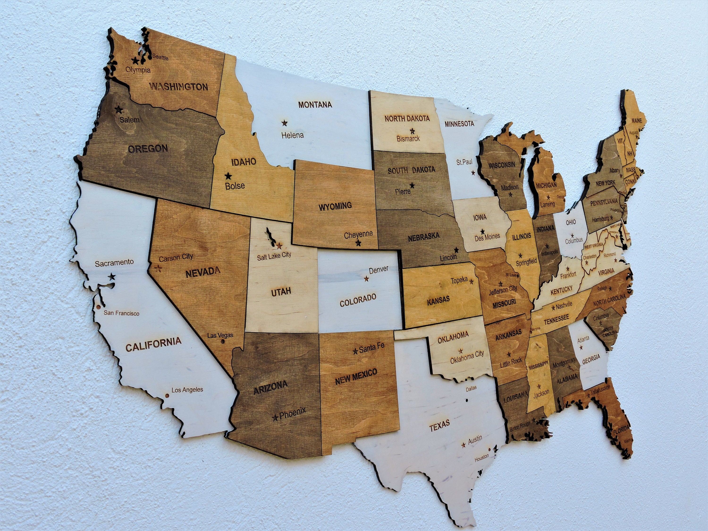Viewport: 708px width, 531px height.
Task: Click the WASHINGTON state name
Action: (x=179, y=87)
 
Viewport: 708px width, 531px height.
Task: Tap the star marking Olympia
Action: (x=135, y=60)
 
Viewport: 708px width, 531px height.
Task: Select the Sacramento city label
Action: (x=114, y=262)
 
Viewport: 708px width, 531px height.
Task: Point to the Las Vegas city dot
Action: (x=223, y=341)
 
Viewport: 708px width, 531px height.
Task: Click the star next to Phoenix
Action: (x=275, y=418)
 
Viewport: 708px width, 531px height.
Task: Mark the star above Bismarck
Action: (x=412, y=131)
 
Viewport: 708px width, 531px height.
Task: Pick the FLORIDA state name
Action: (x=621, y=431)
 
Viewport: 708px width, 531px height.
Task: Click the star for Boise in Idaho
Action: (x=228, y=176)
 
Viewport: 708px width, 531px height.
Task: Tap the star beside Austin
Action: (x=463, y=445)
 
